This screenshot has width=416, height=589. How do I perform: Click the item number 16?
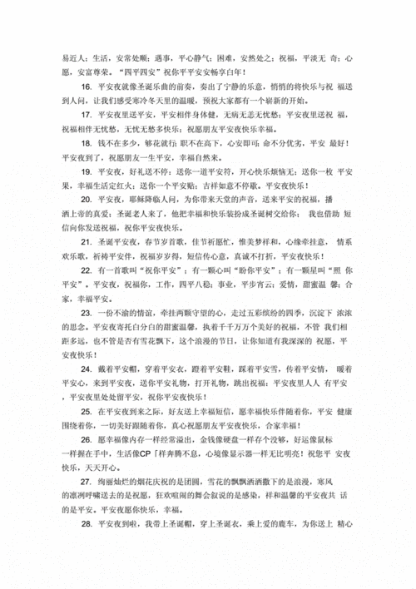coord(87,87)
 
